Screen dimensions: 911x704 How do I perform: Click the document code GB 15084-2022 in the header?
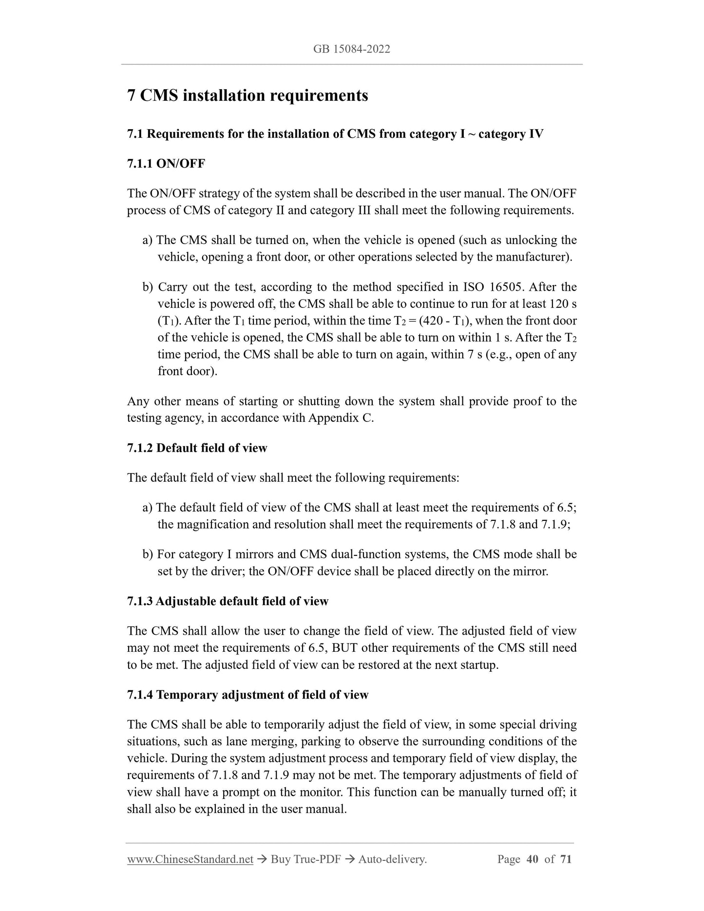(x=352, y=49)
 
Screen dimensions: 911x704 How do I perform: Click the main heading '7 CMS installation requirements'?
(x=247, y=95)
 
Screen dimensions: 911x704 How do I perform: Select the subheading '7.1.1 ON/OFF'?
(x=166, y=164)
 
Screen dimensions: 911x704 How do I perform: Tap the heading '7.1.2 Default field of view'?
(x=197, y=448)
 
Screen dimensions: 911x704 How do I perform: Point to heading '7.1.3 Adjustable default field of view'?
(x=228, y=601)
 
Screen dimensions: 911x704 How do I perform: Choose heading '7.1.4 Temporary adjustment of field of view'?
(x=247, y=695)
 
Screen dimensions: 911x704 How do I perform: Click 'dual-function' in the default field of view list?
(x=365, y=554)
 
